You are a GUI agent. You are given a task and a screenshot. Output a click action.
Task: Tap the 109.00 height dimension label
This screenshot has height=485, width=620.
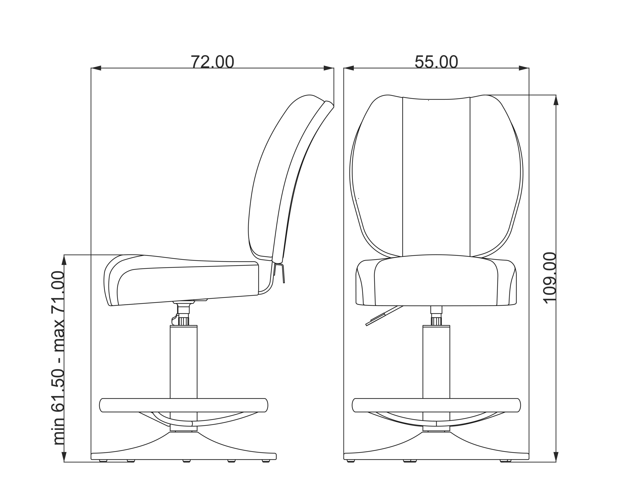coord(549,278)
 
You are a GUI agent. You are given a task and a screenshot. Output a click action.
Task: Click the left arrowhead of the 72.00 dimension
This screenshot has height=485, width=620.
coord(96,68)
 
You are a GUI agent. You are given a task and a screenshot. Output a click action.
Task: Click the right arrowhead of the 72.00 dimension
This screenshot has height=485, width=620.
coord(329,68)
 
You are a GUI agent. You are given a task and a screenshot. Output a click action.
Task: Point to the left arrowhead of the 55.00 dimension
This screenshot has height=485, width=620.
coord(349,68)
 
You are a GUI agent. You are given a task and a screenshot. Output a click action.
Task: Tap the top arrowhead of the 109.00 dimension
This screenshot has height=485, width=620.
coord(556,100)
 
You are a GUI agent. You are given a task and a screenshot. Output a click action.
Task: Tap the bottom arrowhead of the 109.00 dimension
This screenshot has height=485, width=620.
coord(556,457)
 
